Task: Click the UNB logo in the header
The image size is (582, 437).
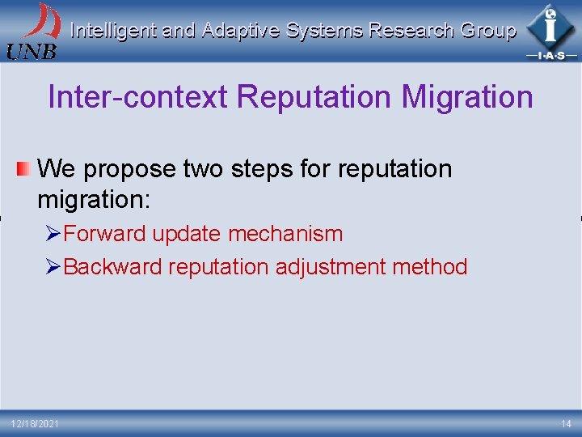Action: (x=32, y=31)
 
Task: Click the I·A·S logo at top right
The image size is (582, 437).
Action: (x=550, y=32)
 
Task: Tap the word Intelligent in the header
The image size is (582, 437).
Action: (x=113, y=31)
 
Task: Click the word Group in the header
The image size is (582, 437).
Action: (x=488, y=31)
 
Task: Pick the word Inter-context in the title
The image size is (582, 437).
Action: (x=137, y=97)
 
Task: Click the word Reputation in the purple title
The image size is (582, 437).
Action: (x=314, y=97)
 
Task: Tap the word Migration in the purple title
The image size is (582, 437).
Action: (x=467, y=97)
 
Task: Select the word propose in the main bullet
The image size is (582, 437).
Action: (x=130, y=169)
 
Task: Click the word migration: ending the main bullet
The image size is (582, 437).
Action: (x=94, y=197)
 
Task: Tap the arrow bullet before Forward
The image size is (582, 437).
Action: (x=53, y=234)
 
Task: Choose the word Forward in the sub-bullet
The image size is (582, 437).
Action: (x=104, y=234)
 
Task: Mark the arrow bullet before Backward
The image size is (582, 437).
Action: (x=53, y=267)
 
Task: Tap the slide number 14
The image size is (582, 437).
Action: (x=565, y=424)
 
